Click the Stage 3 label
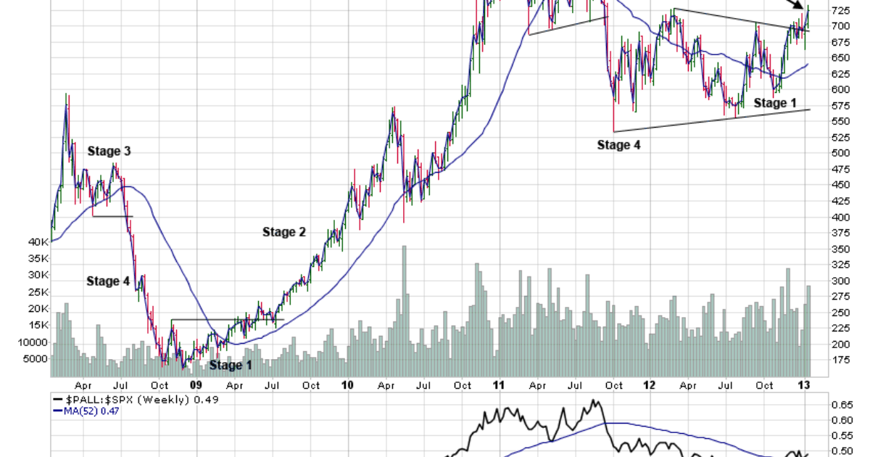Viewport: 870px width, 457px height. point(109,152)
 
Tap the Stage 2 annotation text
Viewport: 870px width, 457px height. point(284,232)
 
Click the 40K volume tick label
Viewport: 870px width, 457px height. point(38,242)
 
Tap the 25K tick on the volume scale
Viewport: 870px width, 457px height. point(38,292)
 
